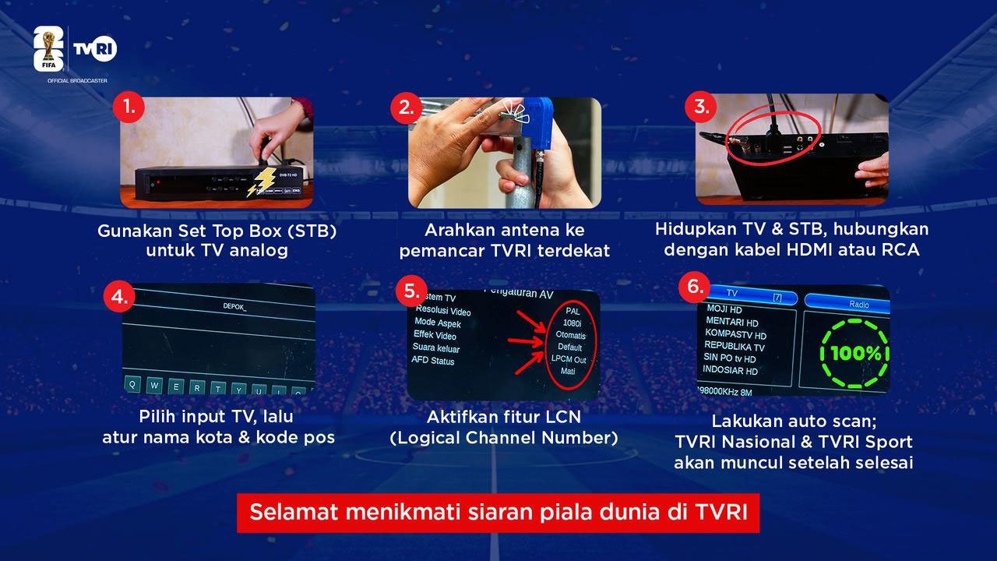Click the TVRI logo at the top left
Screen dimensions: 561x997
coord(94,49)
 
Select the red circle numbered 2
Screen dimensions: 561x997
coord(405,108)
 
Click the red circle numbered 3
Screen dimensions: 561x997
coord(700,108)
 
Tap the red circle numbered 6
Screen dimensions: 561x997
coord(693,287)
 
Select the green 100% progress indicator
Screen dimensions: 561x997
coord(854,353)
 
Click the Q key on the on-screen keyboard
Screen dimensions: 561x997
coord(134,385)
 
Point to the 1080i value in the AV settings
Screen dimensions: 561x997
coord(572,322)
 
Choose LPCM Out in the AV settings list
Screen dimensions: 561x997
coord(569,359)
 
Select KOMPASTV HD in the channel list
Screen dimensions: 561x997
coord(735,335)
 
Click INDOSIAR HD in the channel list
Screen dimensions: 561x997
coord(730,371)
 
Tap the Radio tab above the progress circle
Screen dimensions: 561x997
coord(858,305)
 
